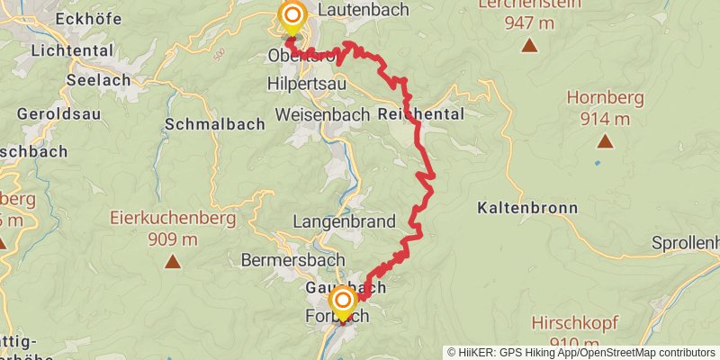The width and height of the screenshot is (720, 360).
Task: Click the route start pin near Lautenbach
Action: [292, 16]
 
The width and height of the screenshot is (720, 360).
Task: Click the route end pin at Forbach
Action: [342, 300]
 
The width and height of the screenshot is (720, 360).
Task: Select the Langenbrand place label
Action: [345, 221]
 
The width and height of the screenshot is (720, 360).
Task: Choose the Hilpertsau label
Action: [307, 83]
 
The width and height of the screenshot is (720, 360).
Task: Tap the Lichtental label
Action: [69, 51]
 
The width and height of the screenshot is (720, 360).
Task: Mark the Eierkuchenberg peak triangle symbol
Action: [172, 262]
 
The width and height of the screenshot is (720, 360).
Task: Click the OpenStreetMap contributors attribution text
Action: [640, 353]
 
